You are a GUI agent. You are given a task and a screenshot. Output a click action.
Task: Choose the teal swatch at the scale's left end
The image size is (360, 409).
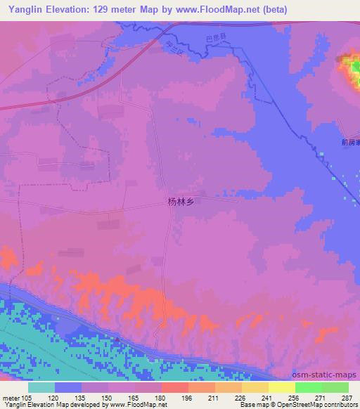[41, 387]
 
